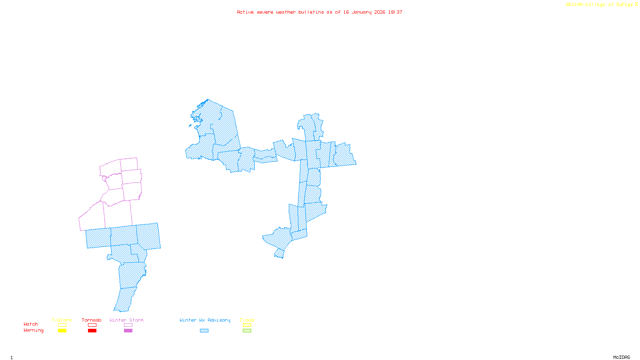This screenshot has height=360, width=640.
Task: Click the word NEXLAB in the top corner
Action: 574,5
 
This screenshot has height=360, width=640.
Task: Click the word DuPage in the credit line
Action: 624,5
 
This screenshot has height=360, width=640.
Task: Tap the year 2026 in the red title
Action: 380,12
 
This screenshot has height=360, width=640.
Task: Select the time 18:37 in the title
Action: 395,12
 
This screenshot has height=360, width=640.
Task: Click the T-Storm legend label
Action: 62,320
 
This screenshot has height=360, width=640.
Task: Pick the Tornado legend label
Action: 92,320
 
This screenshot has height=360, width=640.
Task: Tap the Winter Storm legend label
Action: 126,320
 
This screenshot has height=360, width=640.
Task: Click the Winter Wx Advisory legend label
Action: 205,320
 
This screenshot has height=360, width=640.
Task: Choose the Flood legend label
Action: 247,320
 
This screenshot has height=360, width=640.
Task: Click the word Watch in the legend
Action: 31,324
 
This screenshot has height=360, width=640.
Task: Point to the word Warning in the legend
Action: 34,330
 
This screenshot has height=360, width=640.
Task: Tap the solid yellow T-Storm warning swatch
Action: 62,331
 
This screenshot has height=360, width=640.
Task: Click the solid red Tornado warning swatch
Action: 92,331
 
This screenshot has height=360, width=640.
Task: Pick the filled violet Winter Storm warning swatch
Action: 128,331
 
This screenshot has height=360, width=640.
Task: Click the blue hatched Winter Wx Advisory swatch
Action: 204,331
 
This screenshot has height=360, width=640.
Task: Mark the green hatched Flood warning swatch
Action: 247,331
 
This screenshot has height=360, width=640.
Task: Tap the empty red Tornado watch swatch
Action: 92,325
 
